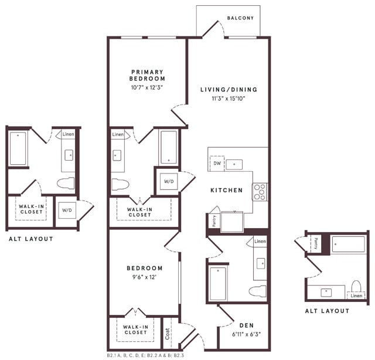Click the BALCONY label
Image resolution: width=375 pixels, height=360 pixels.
240,18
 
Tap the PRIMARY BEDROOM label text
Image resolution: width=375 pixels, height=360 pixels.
148,75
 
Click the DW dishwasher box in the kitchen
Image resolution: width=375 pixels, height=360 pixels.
217,164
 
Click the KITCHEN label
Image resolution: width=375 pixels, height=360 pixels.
227,191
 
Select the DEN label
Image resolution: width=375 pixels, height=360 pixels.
246,325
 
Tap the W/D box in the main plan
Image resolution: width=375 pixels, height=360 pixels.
169,182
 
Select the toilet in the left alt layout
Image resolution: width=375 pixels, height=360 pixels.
66,182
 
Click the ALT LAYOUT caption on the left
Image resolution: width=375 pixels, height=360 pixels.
31,239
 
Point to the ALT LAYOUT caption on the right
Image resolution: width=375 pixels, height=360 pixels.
327,311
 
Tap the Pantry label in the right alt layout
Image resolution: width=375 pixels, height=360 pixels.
315,242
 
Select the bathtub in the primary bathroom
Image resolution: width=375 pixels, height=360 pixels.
169,147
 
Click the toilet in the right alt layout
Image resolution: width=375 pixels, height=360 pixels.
356,287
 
